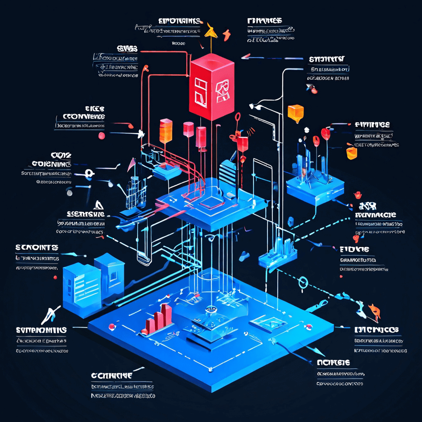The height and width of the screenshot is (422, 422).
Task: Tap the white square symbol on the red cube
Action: (201, 91)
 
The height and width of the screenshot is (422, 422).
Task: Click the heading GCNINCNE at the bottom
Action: (112, 375)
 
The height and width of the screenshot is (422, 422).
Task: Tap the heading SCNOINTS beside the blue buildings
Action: (37, 247)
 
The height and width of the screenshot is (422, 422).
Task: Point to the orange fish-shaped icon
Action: (374, 310)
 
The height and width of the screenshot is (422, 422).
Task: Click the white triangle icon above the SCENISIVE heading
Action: (98, 204)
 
